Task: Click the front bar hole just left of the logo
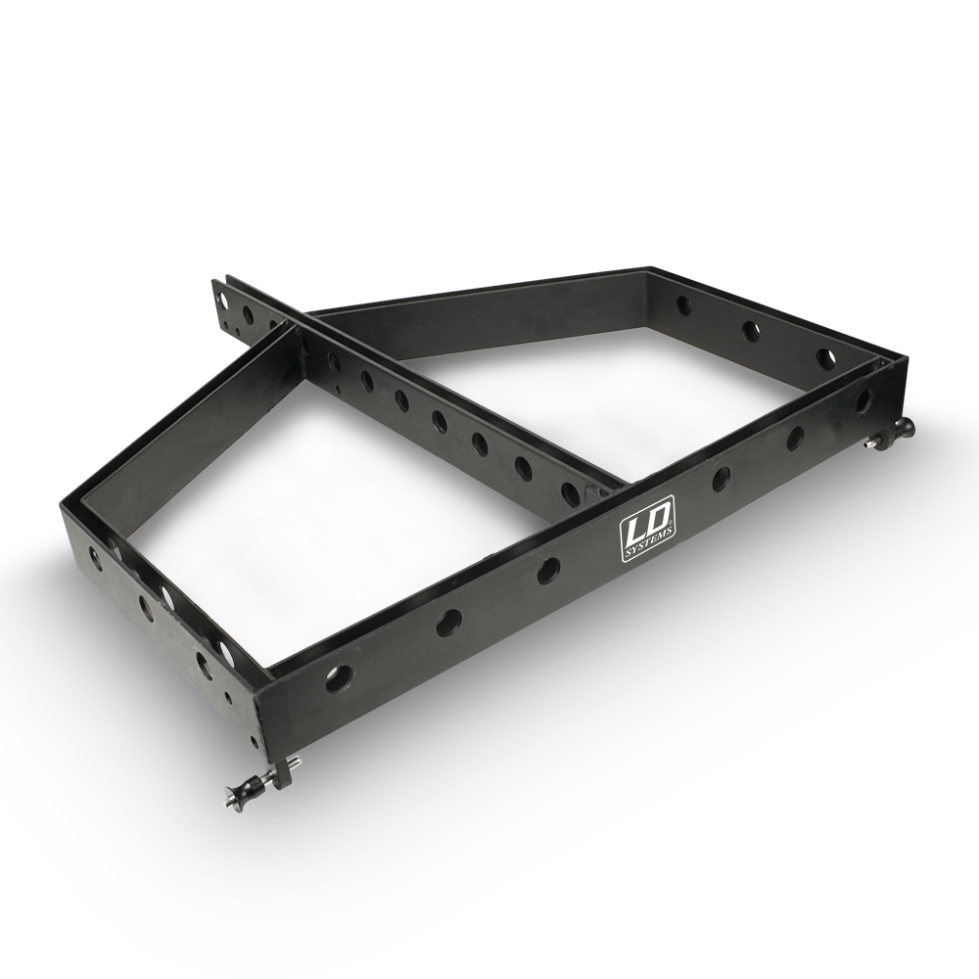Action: coord(548,569)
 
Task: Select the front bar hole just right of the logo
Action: coord(722,477)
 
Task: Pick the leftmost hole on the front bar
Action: coord(337,677)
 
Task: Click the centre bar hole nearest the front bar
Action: coord(568,490)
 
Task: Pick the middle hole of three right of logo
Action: coord(795,438)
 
